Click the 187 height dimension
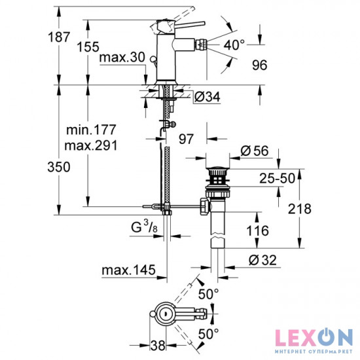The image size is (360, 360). [x=59, y=37]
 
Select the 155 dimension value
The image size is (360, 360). [x=88, y=47]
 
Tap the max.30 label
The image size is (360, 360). [x=122, y=57]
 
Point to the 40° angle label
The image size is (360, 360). [x=234, y=45]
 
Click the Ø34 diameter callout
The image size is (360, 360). [x=207, y=97]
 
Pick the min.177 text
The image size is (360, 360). [x=91, y=130]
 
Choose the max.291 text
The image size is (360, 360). [x=91, y=145]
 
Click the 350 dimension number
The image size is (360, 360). [x=59, y=167]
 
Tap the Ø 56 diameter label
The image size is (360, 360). [x=255, y=151]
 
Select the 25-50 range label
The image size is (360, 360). [x=277, y=178]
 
